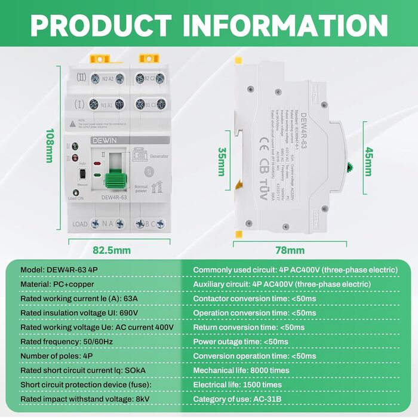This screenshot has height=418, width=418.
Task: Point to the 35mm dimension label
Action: point(220,162)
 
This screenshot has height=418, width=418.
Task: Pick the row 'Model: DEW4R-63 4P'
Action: point(59,270)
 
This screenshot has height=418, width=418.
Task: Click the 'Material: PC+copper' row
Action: point(57,284)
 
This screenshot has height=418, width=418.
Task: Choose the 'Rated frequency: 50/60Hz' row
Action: point(66,342)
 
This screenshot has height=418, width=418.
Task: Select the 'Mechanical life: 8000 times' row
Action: point(241,370)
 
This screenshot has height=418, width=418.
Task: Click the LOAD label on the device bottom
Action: point(80,224)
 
